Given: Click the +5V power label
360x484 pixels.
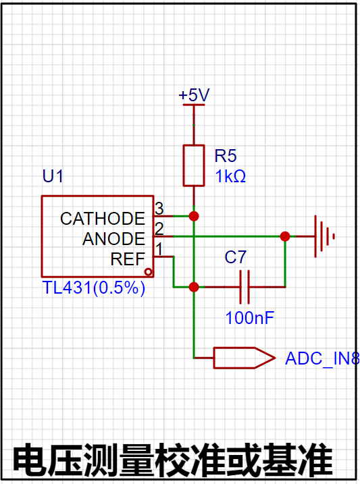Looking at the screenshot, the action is [194, 95].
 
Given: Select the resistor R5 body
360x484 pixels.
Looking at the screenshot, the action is [194, 165].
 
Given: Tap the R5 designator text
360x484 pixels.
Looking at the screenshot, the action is [226, 155].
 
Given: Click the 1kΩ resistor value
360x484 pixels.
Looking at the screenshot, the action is [230, 176].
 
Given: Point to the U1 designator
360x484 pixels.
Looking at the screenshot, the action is [53, 176].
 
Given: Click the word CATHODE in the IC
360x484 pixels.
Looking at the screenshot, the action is [103, 219].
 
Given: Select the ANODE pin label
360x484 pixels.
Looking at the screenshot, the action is [113, 238].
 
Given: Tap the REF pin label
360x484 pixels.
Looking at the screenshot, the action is [128, 259].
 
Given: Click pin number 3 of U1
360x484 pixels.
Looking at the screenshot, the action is [159, 209].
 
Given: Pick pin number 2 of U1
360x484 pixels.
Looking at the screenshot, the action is [159, 229].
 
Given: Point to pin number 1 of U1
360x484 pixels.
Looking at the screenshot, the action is [159, 249].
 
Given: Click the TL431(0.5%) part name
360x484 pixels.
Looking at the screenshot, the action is [94, 288].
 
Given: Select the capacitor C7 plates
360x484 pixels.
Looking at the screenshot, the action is [245, 287].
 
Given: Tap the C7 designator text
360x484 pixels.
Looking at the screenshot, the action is [236, 257].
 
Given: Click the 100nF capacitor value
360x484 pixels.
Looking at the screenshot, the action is [250, 318].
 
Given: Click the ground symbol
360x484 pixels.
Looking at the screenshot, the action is [324, 236].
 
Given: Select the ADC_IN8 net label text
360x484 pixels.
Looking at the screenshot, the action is [322, 358].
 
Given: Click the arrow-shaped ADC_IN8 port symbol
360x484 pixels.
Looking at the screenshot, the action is [244, 358].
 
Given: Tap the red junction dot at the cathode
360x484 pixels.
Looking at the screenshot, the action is [194, 216].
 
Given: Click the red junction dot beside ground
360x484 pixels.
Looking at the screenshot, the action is [285, 236].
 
